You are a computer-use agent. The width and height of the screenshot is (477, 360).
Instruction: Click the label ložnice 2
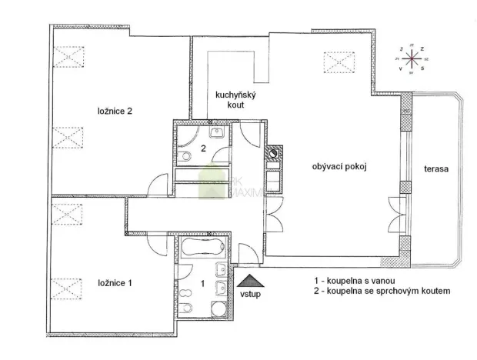click(115, 111)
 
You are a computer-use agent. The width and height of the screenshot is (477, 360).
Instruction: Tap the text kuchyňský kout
click(230, 98)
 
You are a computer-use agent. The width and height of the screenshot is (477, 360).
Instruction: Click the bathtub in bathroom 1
click(202, 250)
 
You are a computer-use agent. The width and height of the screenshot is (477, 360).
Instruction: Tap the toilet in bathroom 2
click(187, 157)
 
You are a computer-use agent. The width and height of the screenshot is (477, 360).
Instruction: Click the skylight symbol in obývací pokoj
click(336, 60)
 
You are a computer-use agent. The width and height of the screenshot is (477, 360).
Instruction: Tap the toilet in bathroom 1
click(221, 270)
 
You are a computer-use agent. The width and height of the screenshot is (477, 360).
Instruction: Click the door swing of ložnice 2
click(158, 186)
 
